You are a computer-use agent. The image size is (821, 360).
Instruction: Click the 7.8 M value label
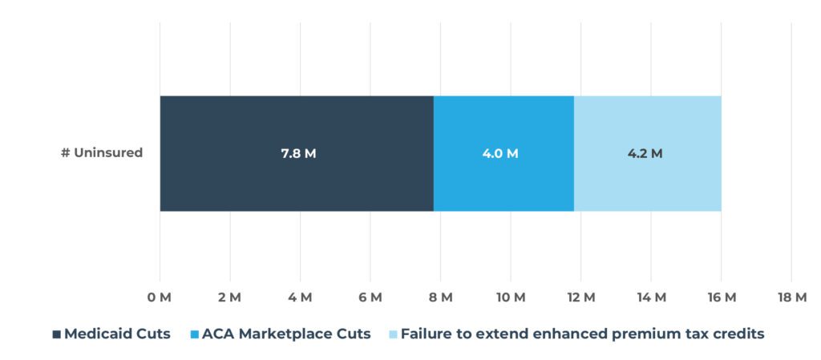click(x=298, y=154)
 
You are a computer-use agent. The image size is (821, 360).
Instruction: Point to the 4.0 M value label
click(x=500, y=154)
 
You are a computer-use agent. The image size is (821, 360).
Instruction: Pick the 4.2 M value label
click(x=645, y=154)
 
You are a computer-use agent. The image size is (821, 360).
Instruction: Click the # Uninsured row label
click(x=102, y=152)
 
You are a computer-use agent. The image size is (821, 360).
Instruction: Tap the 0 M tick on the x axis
click(x=159, y=298)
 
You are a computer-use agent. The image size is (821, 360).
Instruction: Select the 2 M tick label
click(x=229, y=298)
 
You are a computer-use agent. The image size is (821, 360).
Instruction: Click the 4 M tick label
click(x=300, y=298)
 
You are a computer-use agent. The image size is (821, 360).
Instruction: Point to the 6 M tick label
click(x=370, y=298)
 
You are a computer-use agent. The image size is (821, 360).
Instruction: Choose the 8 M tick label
click(x=440, y=298)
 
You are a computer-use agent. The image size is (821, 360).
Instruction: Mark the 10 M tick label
click(x=511, y=298)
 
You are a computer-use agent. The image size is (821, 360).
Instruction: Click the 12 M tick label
click(x=580, y=298)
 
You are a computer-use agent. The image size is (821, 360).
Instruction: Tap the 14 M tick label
click(x=651, y=298)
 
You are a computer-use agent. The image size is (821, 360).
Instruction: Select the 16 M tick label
click(x=721, y=298)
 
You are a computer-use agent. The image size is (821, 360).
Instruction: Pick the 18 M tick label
click(x=791, y=298)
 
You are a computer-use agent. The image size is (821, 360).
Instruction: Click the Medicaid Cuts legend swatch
click(x=56, y=334)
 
